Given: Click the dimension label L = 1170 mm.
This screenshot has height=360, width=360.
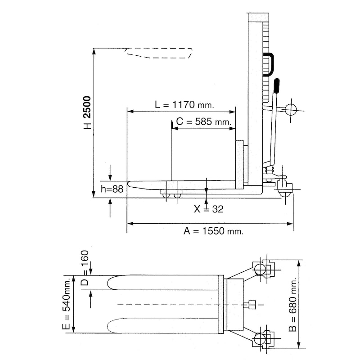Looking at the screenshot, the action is click(184, 105).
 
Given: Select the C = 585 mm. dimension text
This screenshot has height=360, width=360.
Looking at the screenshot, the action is click(203, 121).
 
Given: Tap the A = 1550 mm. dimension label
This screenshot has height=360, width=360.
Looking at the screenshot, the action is click(213, 231).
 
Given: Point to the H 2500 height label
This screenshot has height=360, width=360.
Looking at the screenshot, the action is click(88, 113).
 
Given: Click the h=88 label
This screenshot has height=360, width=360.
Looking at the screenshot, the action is click(112, 189).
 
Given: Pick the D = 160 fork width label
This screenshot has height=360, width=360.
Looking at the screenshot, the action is click(85, 268).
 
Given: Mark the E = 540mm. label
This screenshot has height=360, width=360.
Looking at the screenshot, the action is click(67, 305).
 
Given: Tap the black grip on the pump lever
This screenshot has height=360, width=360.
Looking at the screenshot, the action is click(277, 85).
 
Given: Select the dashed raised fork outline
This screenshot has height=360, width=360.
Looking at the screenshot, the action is click(158, 53).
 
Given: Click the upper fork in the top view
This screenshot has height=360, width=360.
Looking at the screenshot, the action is click(162, 283).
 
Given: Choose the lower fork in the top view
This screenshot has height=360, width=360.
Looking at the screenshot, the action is click(162, 325).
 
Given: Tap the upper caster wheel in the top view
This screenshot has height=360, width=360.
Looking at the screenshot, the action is click(260, 269).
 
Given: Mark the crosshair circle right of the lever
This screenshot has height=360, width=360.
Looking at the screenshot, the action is click(291, 110).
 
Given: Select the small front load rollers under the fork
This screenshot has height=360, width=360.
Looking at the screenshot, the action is click(171, 196).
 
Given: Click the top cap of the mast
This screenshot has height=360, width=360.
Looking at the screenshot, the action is click(258, 17).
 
